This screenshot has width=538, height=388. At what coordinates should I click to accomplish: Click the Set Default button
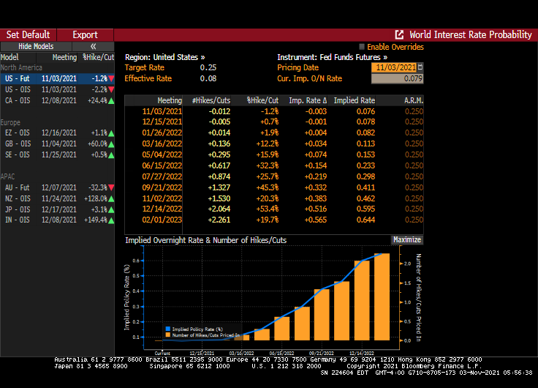29,34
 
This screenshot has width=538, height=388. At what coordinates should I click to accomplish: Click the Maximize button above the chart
407,239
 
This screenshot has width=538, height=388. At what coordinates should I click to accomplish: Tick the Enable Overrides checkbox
363,47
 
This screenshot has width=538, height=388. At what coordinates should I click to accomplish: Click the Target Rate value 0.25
208,67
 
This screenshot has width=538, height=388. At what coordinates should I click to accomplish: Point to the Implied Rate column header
354,100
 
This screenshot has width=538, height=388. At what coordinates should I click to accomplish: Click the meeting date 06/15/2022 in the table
162,165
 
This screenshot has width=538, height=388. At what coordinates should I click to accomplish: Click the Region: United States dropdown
164,56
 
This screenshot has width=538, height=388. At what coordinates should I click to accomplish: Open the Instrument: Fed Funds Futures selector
332,56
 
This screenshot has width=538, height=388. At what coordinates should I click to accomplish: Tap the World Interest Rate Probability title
470,34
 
